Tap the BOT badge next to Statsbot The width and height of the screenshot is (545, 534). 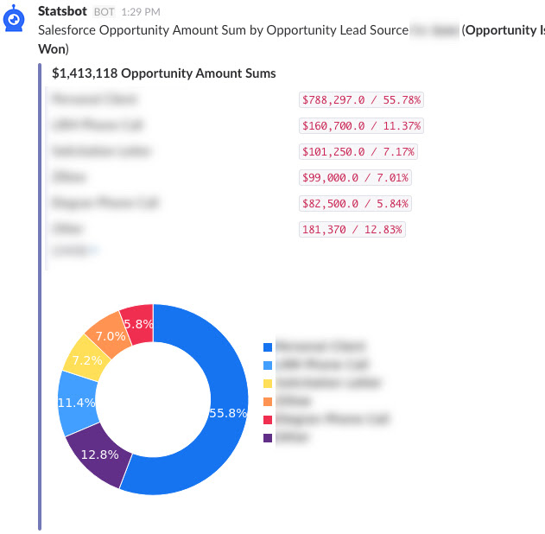click(104, 11)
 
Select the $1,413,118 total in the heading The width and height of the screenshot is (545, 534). click(87, 73)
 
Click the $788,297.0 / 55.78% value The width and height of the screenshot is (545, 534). click(361, 100)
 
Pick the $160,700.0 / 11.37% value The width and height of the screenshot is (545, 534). click(361, 126)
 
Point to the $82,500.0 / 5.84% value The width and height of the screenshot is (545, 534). click(355, 204)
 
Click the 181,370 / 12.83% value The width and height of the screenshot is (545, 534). click(352, 230)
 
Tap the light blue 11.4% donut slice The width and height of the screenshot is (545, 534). click(77, 403)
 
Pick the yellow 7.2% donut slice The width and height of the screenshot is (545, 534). click(82, 359)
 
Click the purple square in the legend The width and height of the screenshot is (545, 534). click(268, 438)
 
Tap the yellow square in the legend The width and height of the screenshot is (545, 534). click(268, 383)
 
